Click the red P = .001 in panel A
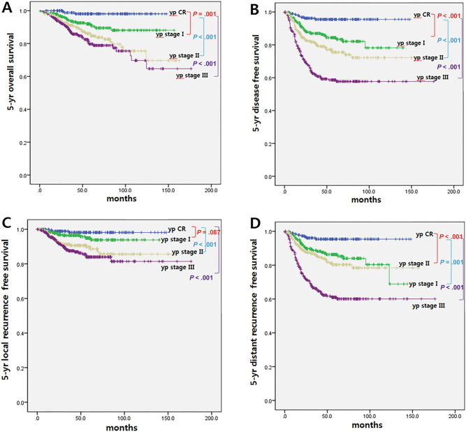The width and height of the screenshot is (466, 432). click(206, 13)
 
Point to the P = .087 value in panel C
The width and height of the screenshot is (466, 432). click(207, 233)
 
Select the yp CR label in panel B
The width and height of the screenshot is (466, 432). click(422, 15)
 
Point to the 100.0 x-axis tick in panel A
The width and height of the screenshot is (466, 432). click(126, 190)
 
